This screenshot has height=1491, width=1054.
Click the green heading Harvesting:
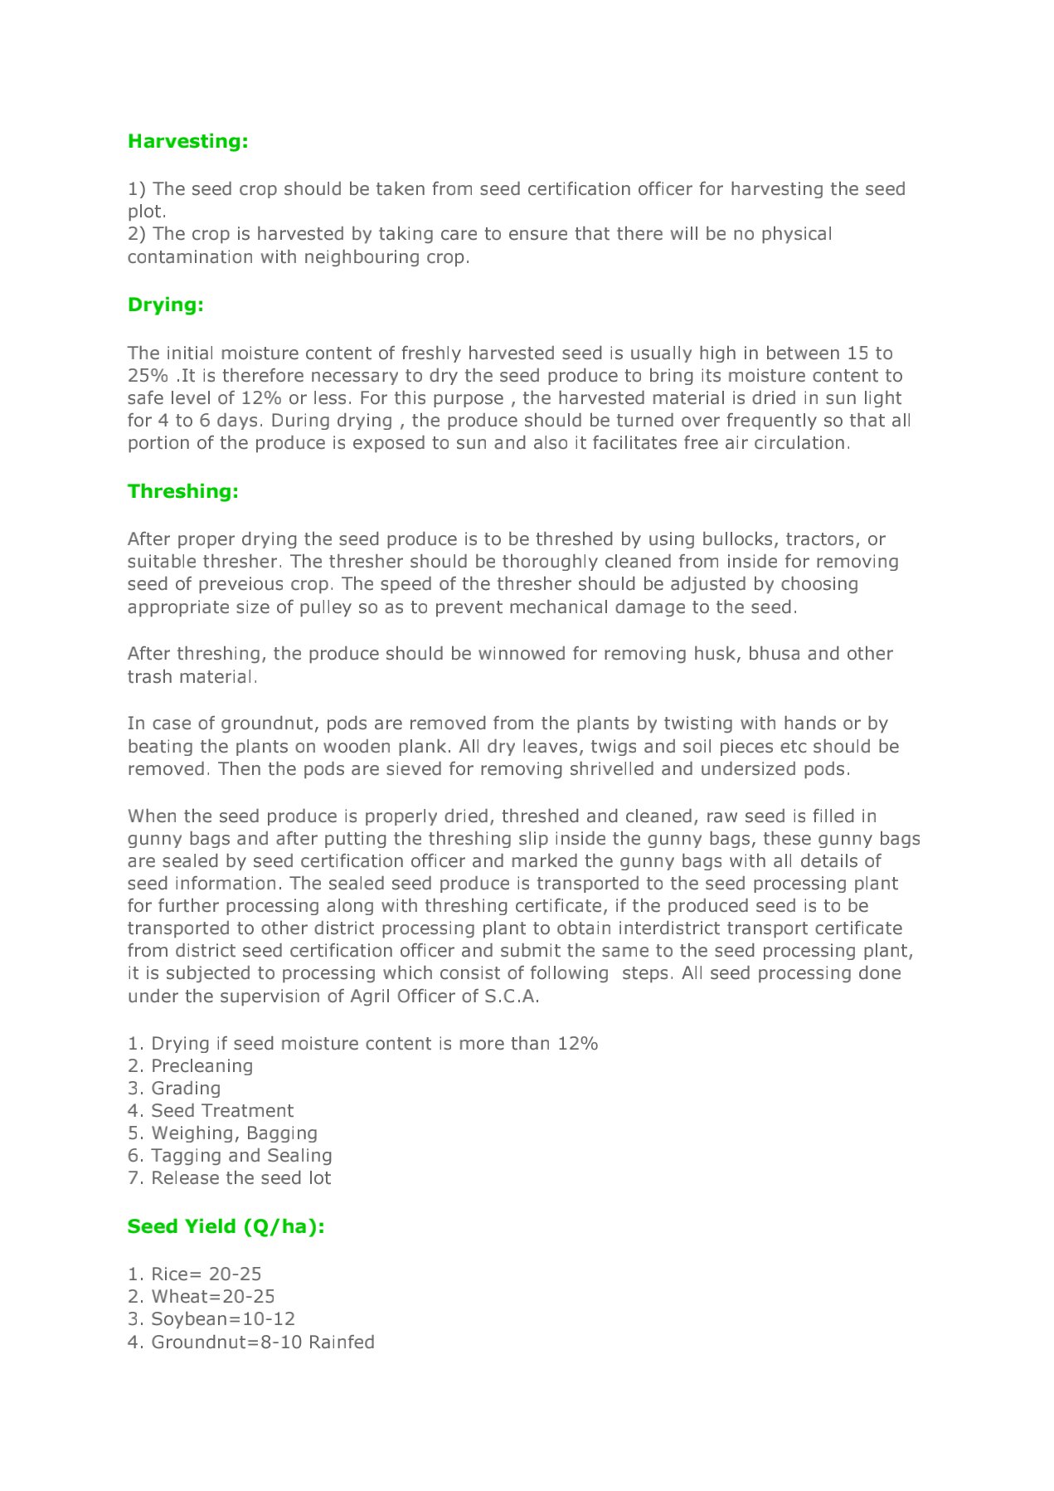tap(187, 141)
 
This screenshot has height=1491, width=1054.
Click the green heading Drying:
tap(165, 305)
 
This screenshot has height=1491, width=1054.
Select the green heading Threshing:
tap(182, 491)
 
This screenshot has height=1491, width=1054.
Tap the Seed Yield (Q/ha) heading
tap(226, 1226)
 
